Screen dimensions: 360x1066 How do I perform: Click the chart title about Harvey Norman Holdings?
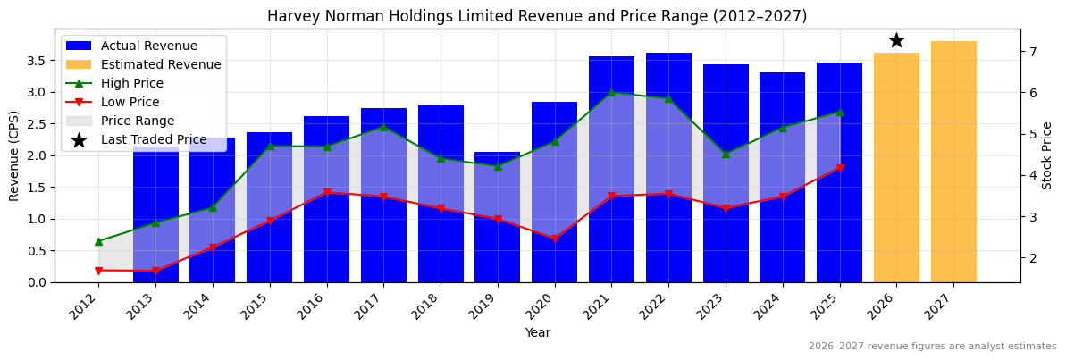coord(537,16)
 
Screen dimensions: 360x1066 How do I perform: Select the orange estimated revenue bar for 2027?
coord(953,161)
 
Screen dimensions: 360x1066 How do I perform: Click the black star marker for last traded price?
coord(896,40)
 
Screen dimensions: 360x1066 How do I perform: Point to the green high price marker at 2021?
coord(612,92)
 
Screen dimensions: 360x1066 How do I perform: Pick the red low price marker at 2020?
coord(555,239)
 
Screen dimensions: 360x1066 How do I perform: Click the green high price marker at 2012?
coord(98,241)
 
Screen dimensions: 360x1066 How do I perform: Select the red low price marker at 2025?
coord(839,168)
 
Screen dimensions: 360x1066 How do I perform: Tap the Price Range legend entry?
coord(138,121)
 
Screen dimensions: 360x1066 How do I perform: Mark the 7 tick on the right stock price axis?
coord(1032,52)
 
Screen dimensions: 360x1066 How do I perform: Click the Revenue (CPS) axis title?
coord(14,155)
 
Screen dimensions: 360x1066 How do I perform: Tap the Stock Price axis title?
coord(1047,155)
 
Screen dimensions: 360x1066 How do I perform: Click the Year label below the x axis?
coord(537,332)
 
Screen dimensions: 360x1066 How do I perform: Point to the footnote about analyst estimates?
coord(932,347)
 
